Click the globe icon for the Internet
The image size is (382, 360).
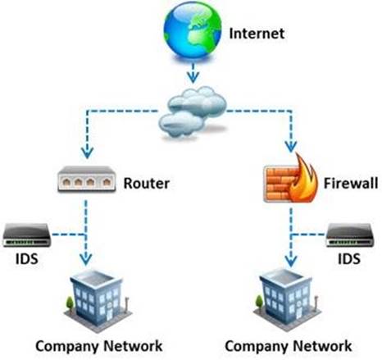[x=193, y=30]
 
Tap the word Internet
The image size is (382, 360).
[x=257, y=34]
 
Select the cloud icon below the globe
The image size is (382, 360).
[x=193, y=112]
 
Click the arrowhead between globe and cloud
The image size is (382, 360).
[x=193, y=77]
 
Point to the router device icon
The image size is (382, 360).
[x=87, y=179]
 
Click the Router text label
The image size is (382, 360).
[x=147, y=183]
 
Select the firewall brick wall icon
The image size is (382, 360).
[x=281, y=185]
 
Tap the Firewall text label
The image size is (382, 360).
[x=351, y=183]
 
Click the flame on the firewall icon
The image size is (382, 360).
[x=303, y=178]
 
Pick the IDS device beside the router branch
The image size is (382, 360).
[x=27, y=235]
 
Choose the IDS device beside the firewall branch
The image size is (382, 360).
[x=349, y=235]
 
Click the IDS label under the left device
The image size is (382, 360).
[x=26, y=258]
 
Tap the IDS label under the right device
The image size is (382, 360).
[x=349, y=258]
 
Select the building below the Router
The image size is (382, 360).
[x=98, y=300]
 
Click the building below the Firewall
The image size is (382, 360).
[x=287, y=299]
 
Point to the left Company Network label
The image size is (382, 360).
[x=99, y=346]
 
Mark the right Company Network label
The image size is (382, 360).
[x=289, y=346]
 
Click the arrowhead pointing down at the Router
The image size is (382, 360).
[x=87, y=153]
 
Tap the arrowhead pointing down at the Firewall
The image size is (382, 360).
[x=291, y=147]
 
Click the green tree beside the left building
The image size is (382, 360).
[x=70, y=303]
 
